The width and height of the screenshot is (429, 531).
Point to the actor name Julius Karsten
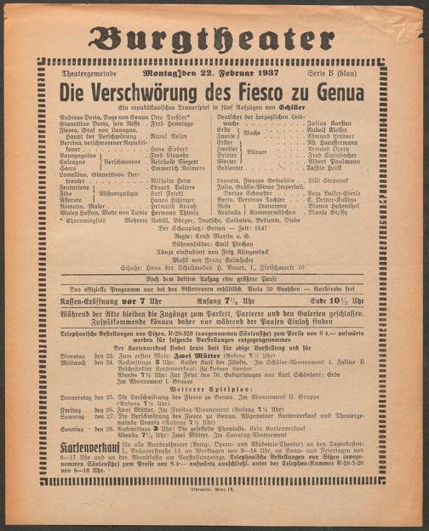click(x=328, y=123)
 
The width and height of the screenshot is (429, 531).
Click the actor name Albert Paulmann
click(x=328, y=162)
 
